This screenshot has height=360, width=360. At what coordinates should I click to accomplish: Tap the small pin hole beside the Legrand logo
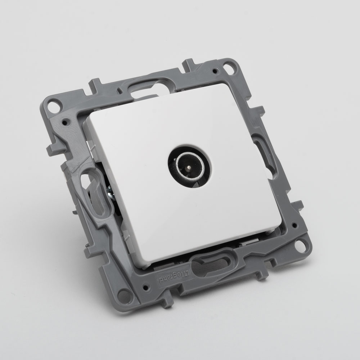(x=145, y=287)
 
